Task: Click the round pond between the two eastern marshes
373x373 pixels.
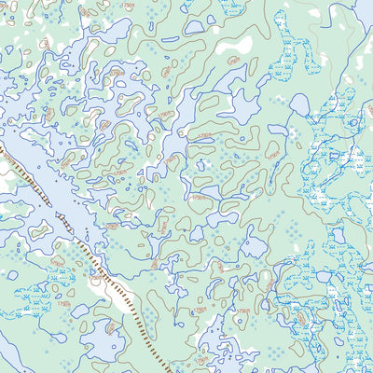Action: (300, 104)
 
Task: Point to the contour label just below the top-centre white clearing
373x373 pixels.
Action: (232, 60)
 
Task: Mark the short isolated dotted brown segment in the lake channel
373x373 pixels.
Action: (60, 220)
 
